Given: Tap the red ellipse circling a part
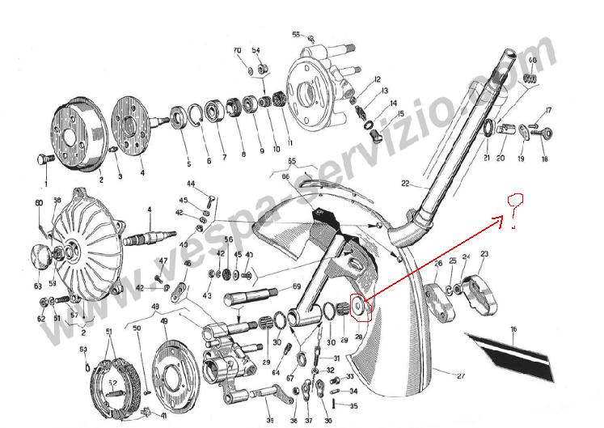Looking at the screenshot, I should coord(361,308).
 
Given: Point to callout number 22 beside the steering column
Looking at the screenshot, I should coord(405,183).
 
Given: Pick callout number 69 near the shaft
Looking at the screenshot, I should coord(296,287).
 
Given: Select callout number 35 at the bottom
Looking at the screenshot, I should coord(353,406).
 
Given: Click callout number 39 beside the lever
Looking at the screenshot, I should coord(270,420).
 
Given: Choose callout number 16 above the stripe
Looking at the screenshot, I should coord(512,329).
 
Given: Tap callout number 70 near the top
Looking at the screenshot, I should coord(238,50).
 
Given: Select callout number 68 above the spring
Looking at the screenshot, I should coord(531,61).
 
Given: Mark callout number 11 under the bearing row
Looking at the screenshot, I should coord(290,142).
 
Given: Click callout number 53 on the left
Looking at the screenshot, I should coord(82,349).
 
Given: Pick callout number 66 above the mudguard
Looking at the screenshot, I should coord(285,176).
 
